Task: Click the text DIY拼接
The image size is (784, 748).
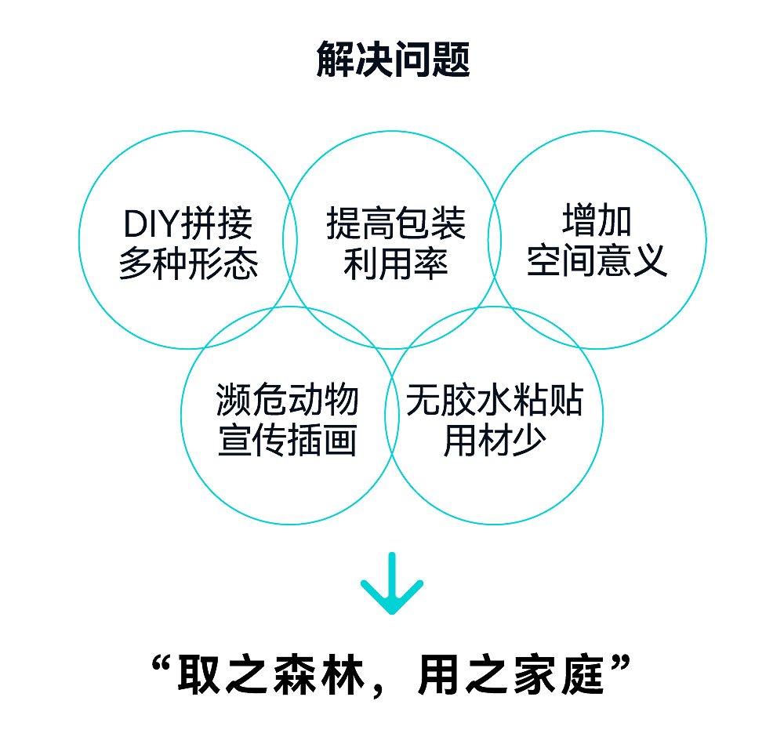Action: pyautogui.click(x=188, y=225)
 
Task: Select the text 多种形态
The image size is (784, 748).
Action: pyautogui.click(x=188, y=265)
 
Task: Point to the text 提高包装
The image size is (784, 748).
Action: pyautogui.click(x=396, y=225)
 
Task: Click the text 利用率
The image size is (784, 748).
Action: pyautogui.click(x=396, y=265)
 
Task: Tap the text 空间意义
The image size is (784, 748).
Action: pyautogui.click(x=597, y=261)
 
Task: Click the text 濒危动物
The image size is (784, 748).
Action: pyautogui.click(x=287, y=401)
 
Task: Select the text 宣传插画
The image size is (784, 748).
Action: pyautogui.click(x=287, y=441)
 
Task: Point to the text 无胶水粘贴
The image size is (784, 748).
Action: pyautogui.click(x=494, y=402)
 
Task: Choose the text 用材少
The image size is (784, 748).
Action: pyautogui.click(x=494, y=441)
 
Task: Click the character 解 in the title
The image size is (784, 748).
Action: pyautogui.click(x=335, y=60)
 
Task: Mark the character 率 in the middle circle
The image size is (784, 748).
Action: pyautogui.click(x=431, y=265)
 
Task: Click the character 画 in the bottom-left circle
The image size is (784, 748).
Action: pyautogui.click(x=340, y=441)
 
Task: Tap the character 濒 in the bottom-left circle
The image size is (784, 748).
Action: pyautogui.click(x=234, y=401)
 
